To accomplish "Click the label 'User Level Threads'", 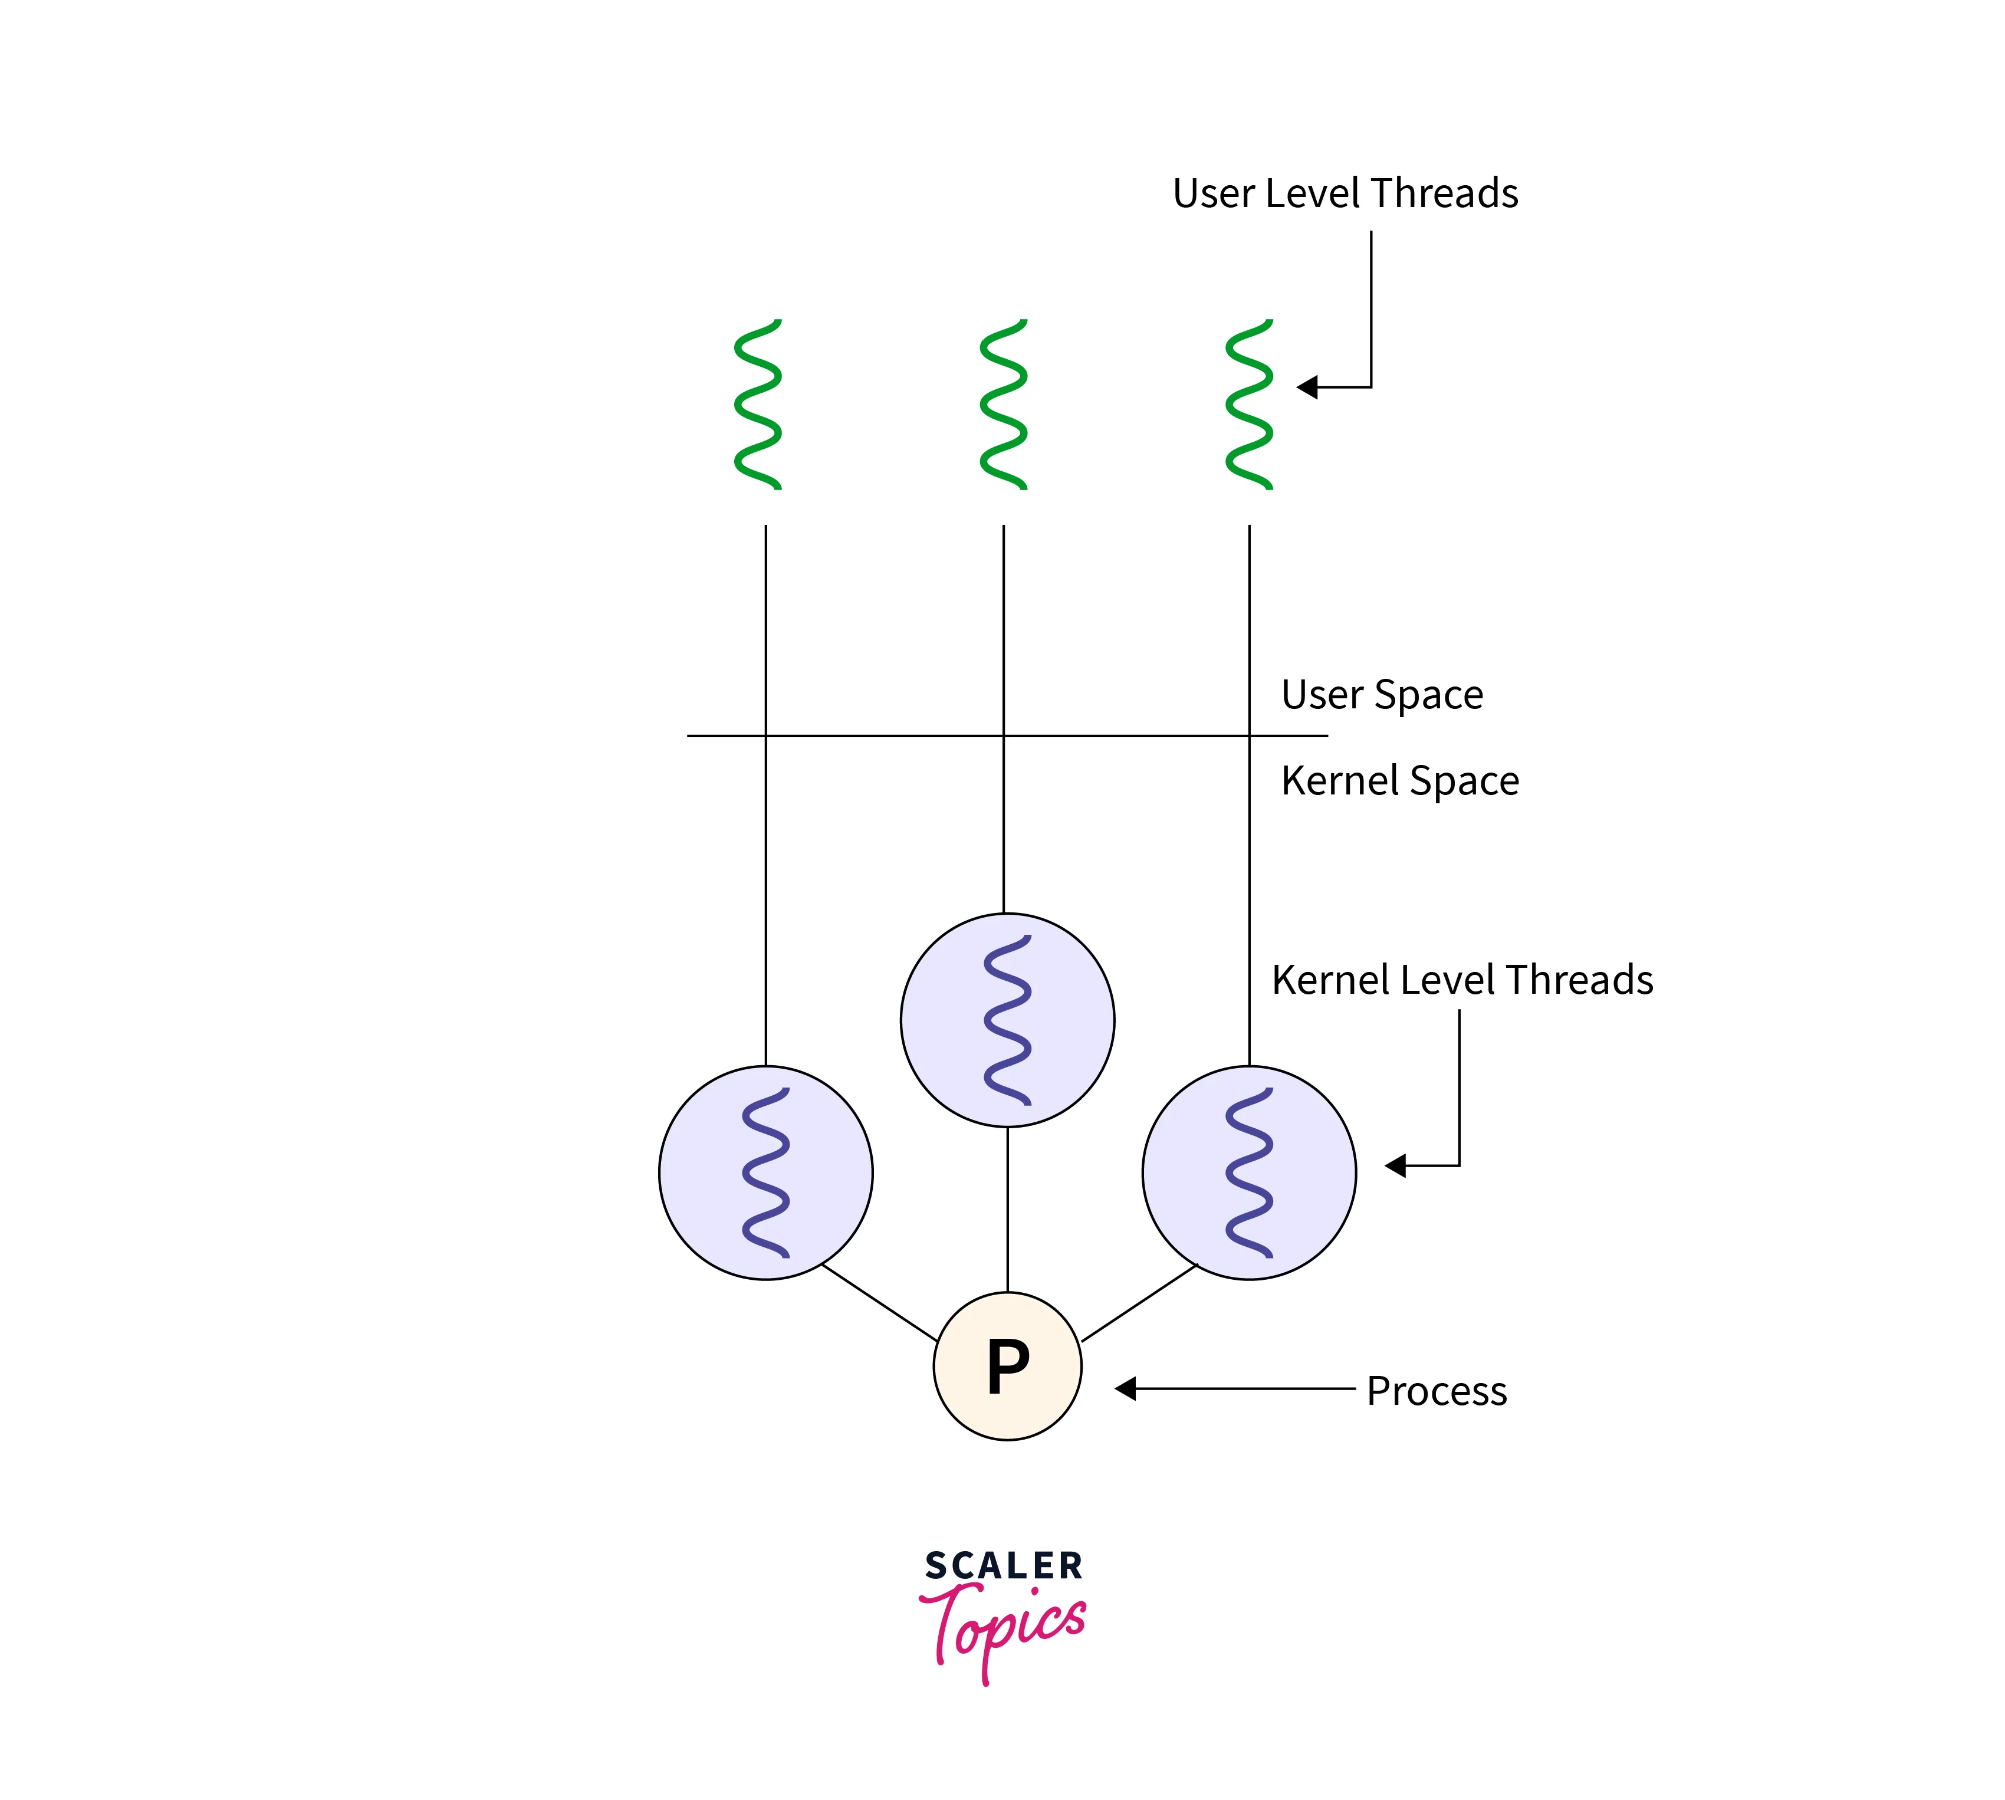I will coord(1345,193).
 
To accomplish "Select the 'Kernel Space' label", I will coord(1399,780).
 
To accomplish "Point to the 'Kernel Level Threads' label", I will coord(1461,980).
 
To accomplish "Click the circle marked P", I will coord(1007,1366).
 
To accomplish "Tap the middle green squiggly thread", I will coord(1004,405).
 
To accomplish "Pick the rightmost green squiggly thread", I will coord(1248,405).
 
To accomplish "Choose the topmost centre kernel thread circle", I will coord(1007,1020).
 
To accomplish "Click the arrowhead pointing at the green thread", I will coord(1307,387).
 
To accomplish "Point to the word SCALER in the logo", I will coord(1004,1566).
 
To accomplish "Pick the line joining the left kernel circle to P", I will coord(879,1303).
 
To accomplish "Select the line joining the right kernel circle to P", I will coord(1139,1303).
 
